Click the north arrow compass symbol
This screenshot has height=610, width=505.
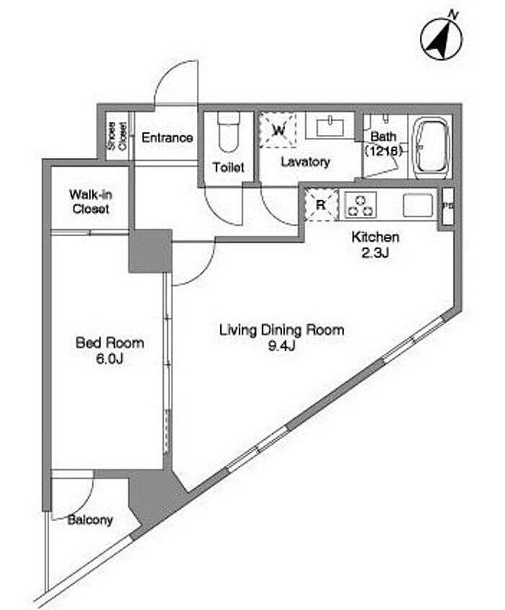point(442,39)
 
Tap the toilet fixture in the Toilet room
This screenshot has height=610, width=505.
point(228,132)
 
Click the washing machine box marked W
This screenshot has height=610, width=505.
point(278,130)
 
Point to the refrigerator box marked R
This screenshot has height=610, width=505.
point(321,205)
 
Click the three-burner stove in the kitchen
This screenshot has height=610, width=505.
point(361,205)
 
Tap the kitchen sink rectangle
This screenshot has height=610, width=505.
point(418,205)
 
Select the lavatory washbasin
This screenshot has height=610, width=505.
point(330,126)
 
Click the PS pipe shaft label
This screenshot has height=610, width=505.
point(448,206)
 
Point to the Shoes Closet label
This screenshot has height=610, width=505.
point(118,136)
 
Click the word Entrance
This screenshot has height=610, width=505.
point(167,137)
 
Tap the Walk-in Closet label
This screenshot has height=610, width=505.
point(91,201)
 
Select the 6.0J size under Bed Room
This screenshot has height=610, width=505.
point(110,359)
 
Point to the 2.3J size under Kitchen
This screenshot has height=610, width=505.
point(375,253)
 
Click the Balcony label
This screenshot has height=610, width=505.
point(90,520)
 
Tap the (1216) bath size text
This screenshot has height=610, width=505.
point(382,151)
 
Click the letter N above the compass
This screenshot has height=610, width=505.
point(453,14)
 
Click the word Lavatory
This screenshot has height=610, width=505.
point(306,162)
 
